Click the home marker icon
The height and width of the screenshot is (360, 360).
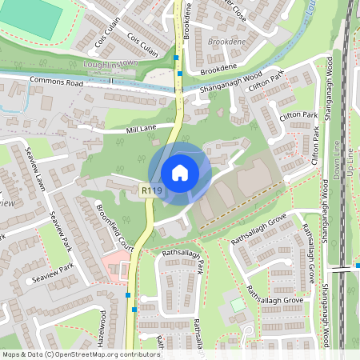pos(180,172)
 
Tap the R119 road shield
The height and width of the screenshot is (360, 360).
pos(151,190)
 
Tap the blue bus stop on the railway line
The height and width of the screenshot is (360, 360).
pos(356,266)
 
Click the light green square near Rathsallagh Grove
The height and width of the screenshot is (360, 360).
pos(238,306)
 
